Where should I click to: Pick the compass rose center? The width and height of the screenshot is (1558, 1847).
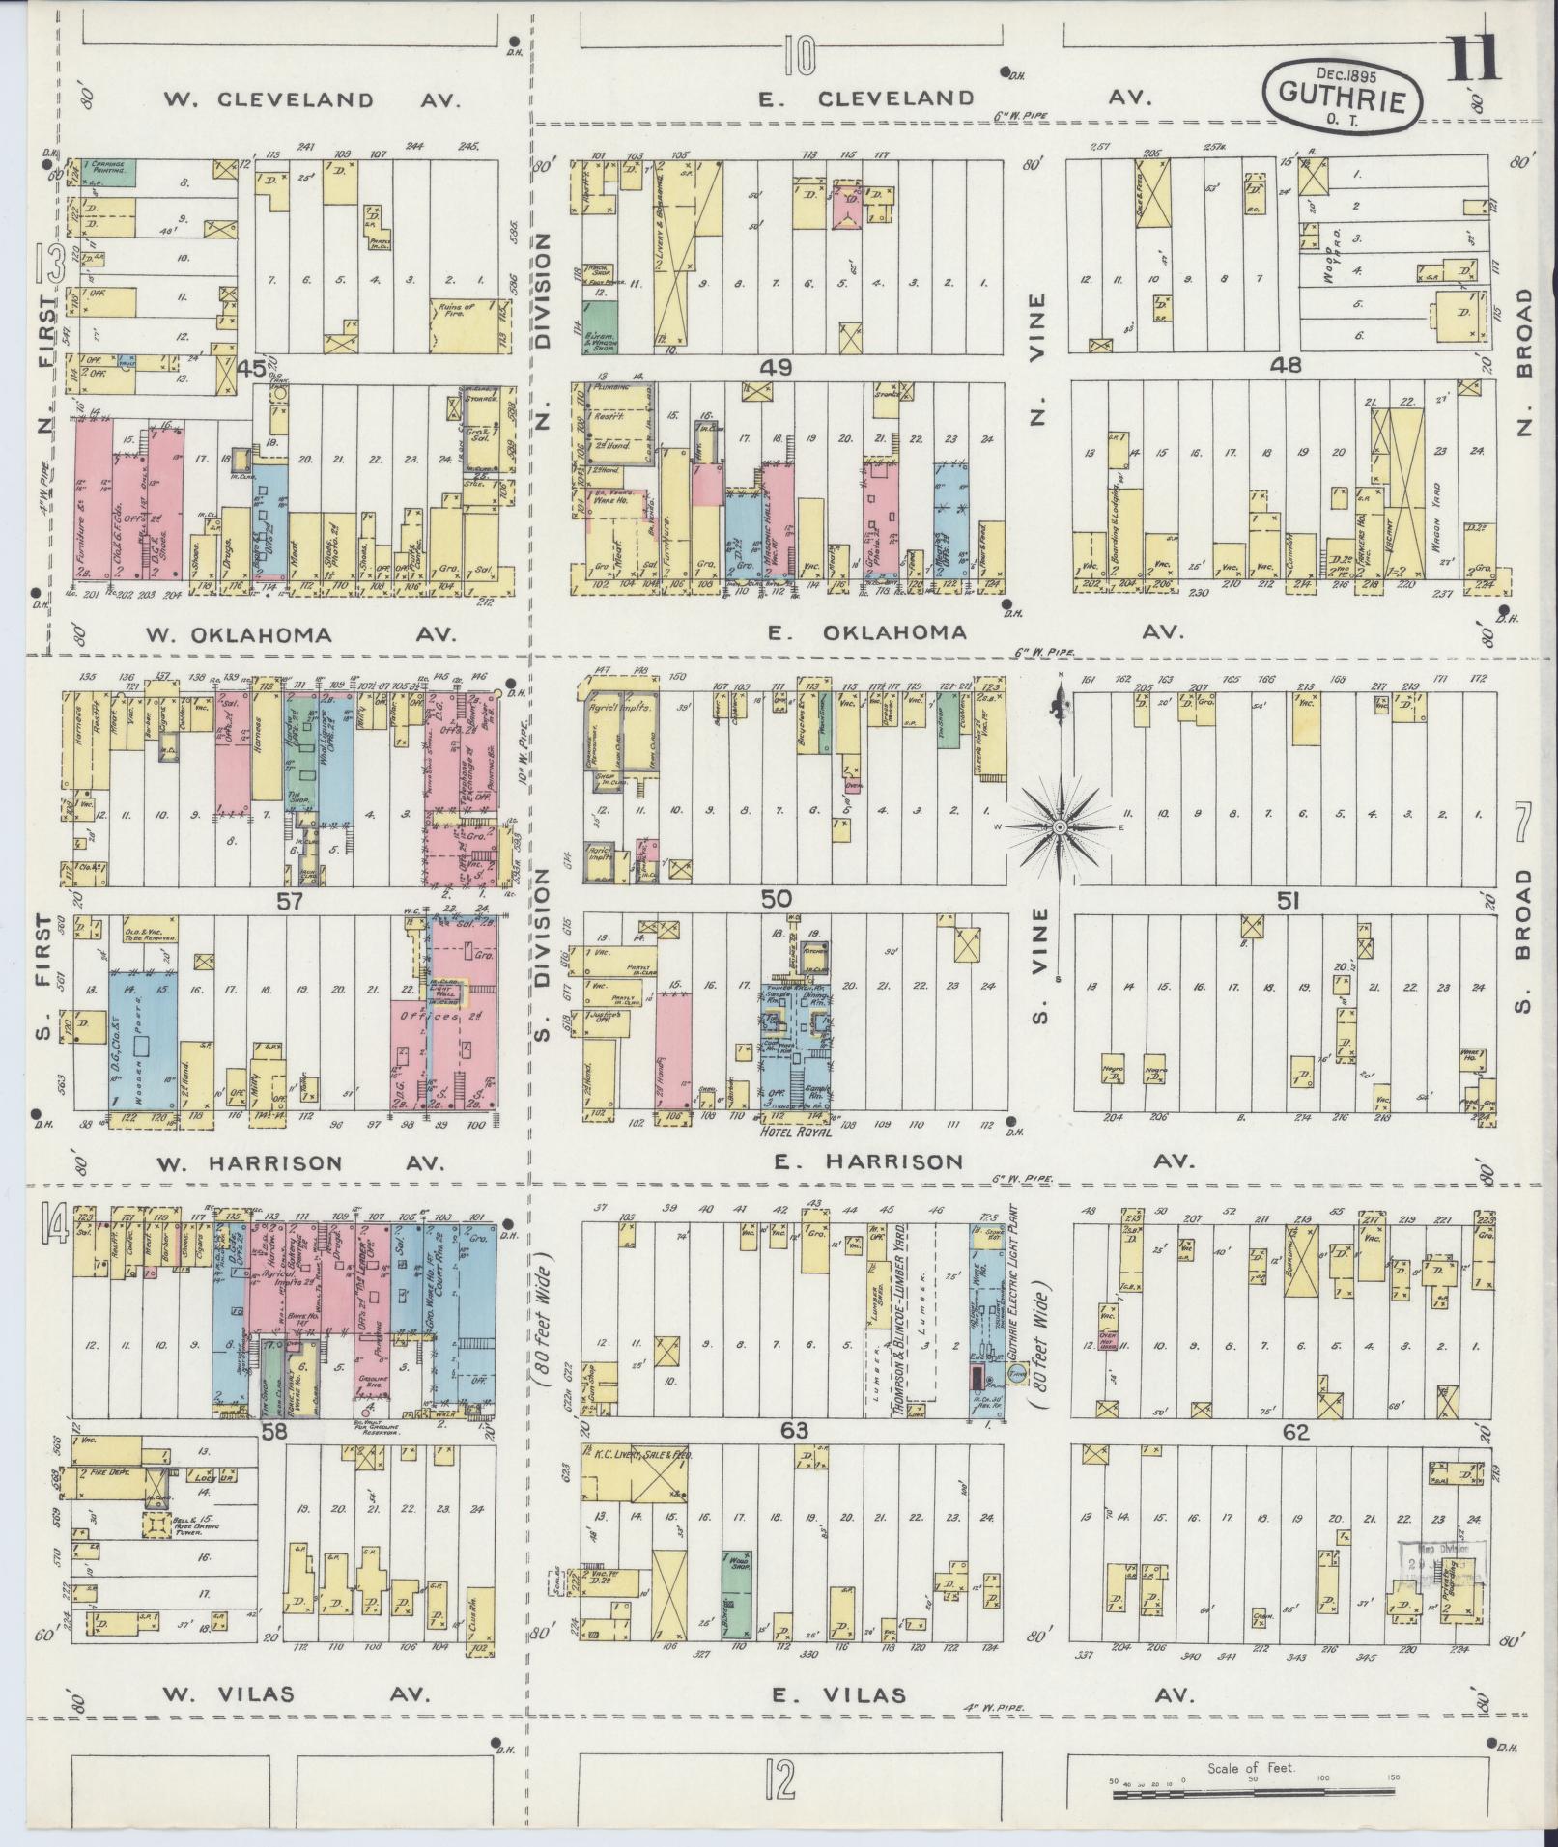click(1060, 826)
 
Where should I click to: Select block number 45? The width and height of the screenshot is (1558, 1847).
click(252, 368)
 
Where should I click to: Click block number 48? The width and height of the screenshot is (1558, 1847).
click(1288, 365)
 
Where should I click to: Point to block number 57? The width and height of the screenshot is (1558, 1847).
click(290, 901)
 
